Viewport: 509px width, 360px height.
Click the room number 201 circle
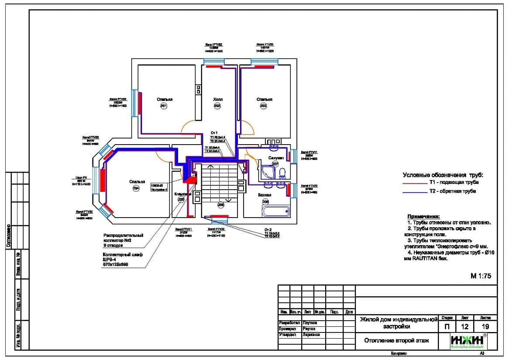164,106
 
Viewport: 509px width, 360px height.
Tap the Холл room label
218,100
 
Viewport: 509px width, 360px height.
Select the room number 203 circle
264,106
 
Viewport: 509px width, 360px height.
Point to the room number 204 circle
137,189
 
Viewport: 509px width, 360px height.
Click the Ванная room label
265,195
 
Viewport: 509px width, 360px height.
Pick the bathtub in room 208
275,212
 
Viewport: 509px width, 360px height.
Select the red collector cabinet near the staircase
190,177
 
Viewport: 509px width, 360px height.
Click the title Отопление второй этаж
397,341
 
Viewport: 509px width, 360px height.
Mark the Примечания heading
423,217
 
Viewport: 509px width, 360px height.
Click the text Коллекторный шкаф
123,255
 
